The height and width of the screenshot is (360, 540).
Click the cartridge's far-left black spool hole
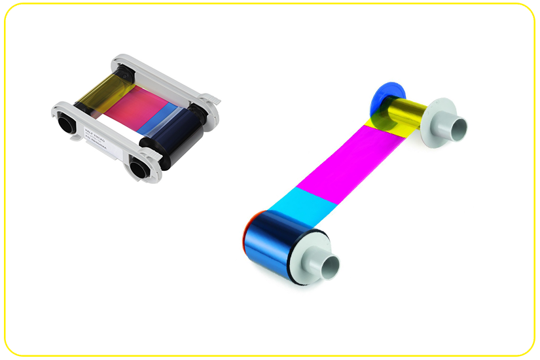(65, 121)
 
